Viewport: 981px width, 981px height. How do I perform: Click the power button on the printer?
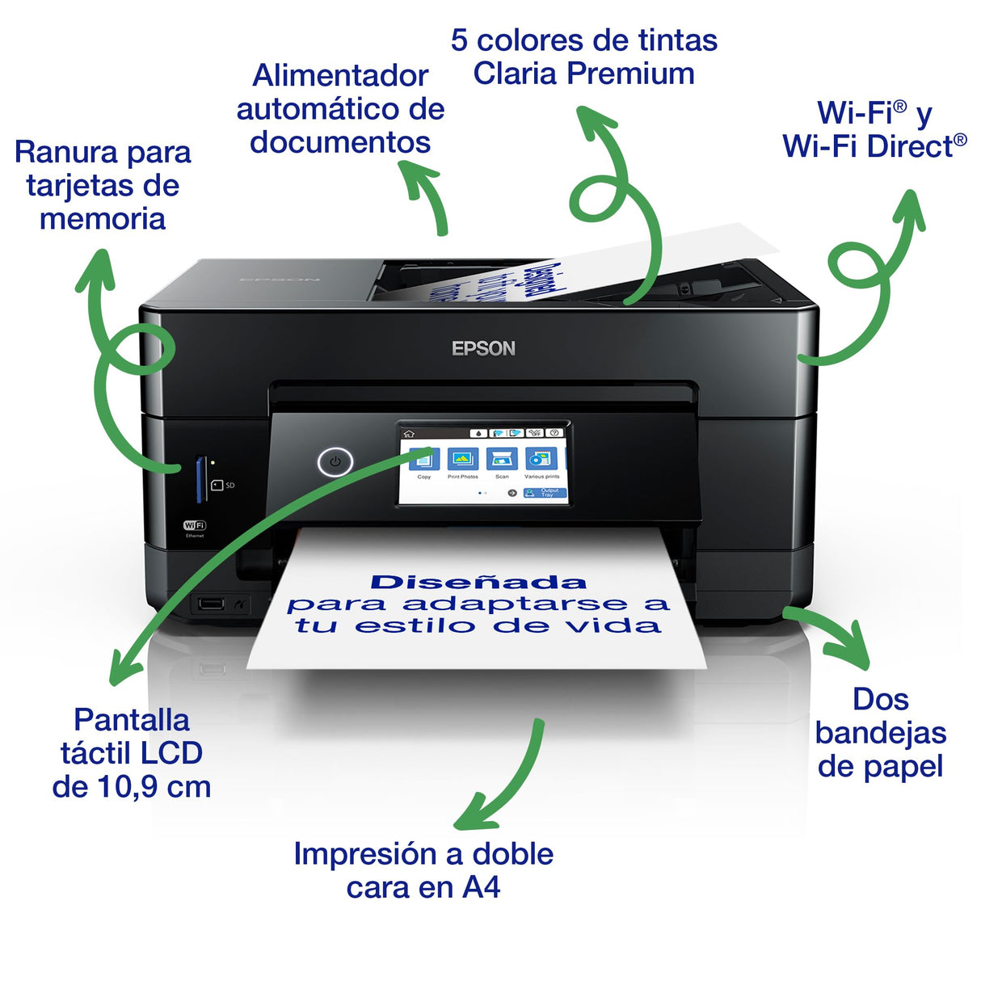click(335, 462)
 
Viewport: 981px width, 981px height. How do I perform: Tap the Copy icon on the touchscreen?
click(424, 460)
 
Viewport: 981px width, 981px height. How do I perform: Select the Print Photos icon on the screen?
click(463, 460)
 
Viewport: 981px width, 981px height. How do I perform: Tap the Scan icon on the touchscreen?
click(502, 460)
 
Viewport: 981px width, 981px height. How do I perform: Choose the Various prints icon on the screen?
click(541, 460)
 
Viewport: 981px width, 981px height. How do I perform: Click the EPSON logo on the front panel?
click(483, 348)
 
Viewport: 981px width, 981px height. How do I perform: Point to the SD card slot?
click(200, 478)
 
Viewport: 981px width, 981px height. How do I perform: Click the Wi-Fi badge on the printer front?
click(195, 525)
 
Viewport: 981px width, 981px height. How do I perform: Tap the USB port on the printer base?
click(211, 603)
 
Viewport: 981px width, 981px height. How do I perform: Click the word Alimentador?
click(340, 75)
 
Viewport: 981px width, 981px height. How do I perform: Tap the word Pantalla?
click(132, 719)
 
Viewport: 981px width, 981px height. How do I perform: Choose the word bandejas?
click(880, 733)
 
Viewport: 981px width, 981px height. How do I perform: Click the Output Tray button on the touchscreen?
click(545, 492)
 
